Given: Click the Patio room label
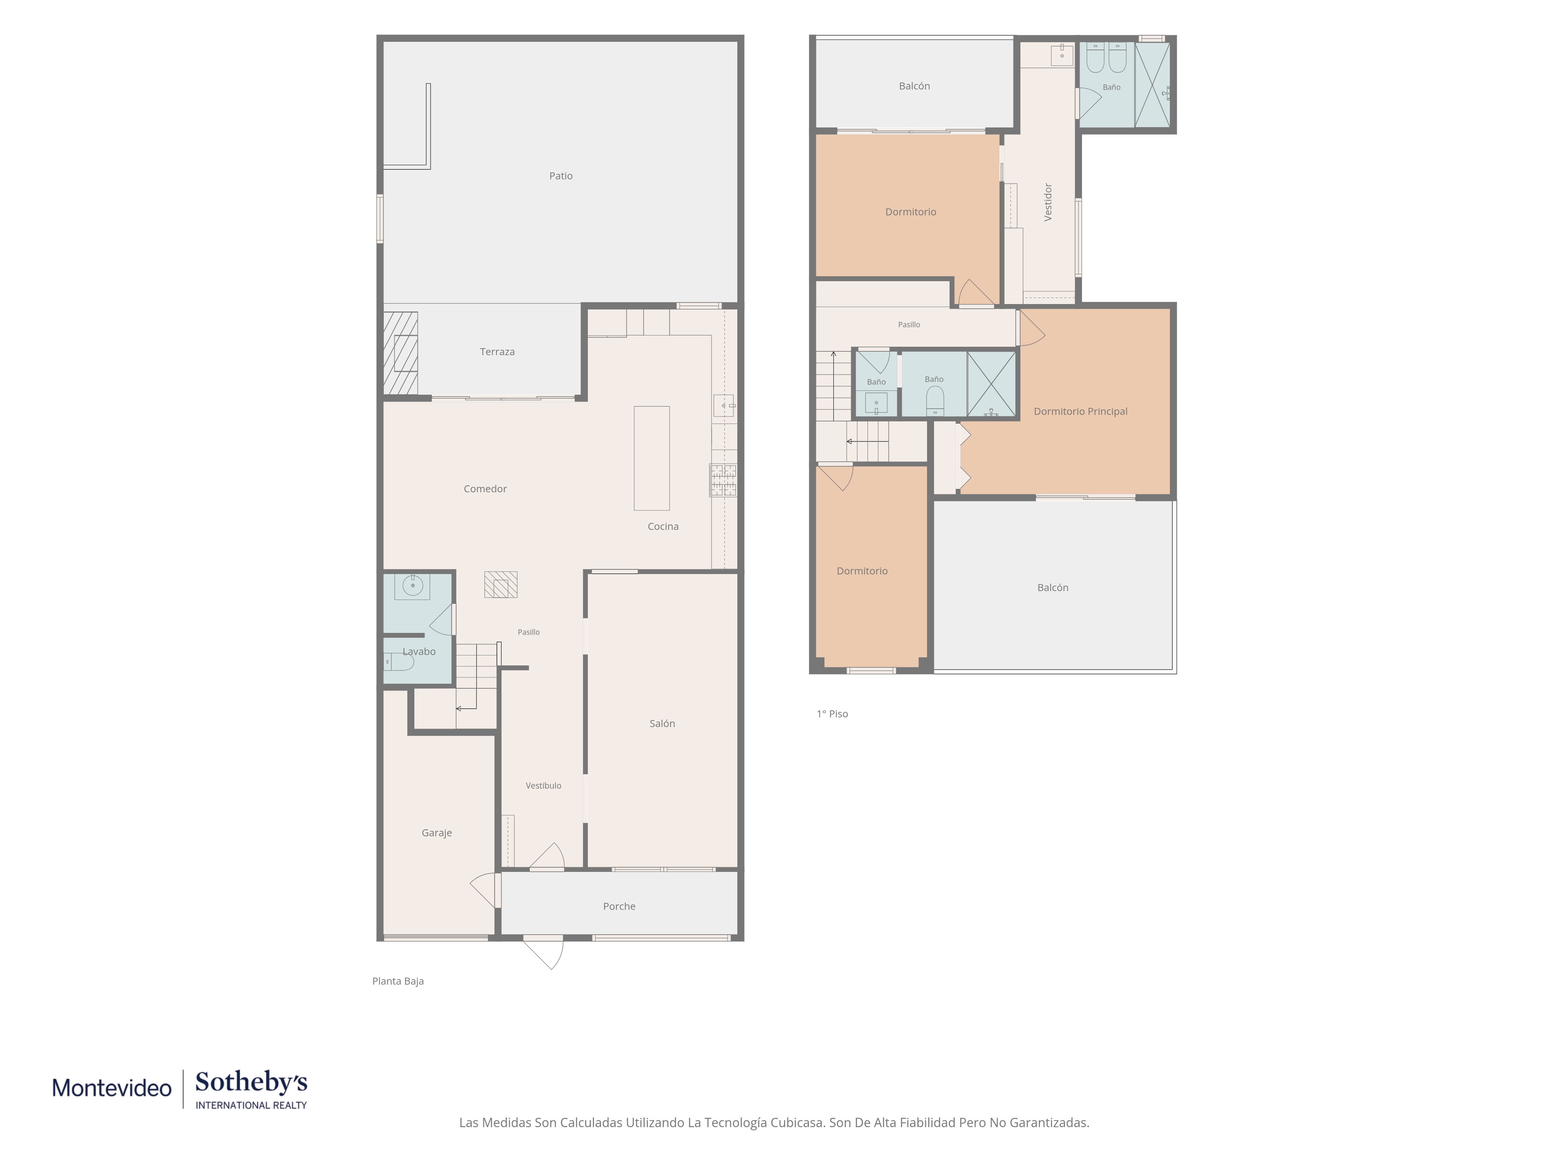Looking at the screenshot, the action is [x=560, y=176].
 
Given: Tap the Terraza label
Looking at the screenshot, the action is [x=497, y=352].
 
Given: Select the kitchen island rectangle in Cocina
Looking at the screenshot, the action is [x=651, y=458].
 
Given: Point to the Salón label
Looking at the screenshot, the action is [x=662, y=724].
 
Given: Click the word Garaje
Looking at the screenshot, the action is [x=436, y=833].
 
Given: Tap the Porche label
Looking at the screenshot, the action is [x=619, y=906].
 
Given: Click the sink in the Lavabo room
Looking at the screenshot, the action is [x=412, y=586].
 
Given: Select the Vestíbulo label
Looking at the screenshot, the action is [x=543, y=786].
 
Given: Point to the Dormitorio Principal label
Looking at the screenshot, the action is [x=1080, y=411].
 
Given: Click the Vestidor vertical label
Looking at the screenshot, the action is [x=1048, y=203].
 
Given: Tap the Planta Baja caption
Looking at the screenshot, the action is [x=398, y=981].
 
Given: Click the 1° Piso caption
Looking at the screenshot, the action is [x=832, y=714].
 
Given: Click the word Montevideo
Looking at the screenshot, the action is [x=112, y=1088].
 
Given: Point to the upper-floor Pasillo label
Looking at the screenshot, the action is [x=909, y=324].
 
